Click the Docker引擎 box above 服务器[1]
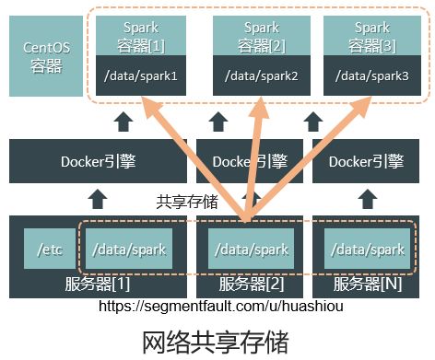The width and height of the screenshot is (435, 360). click(98, 162)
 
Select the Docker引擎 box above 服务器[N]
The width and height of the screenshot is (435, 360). click(366, 162)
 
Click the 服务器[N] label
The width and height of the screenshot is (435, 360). click(368, 284)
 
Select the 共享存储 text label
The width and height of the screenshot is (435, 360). click(186, 202)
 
